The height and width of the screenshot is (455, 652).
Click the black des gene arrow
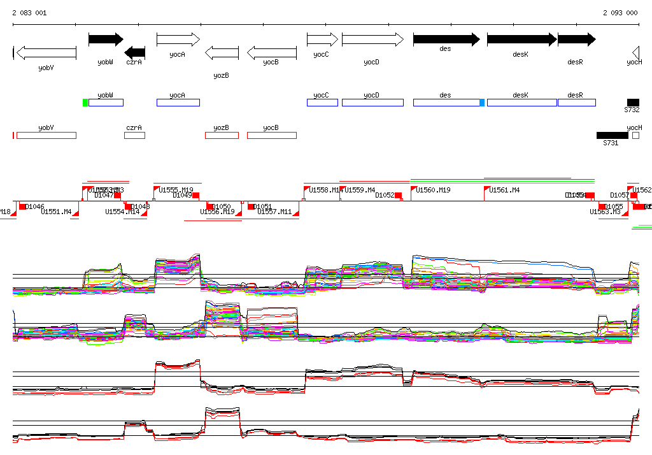point(446,40)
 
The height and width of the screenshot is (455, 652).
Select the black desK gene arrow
point(521,40)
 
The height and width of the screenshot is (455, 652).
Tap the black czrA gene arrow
point(135,53)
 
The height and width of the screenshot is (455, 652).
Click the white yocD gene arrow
point(372,40)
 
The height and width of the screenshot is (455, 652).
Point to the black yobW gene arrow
point(106,40)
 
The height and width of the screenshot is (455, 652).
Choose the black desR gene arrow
point(576,40)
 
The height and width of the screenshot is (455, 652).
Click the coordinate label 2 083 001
point(29,13)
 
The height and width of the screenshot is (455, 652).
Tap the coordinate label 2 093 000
point(620,13)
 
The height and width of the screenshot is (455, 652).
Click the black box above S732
point(633,103)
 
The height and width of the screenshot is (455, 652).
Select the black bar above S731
point(612,135)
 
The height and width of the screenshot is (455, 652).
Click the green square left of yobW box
point(85,103)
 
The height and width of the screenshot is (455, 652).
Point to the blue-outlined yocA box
point(178,103)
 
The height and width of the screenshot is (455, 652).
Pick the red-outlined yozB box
point(222,135)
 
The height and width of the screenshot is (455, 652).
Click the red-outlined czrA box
point(134,135)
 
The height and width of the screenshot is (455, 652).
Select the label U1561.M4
point(504,190)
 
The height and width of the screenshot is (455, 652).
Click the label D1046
point(34,206)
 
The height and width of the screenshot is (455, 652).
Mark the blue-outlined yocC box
point(322,103)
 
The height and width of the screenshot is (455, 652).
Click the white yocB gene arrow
point(272,53)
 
